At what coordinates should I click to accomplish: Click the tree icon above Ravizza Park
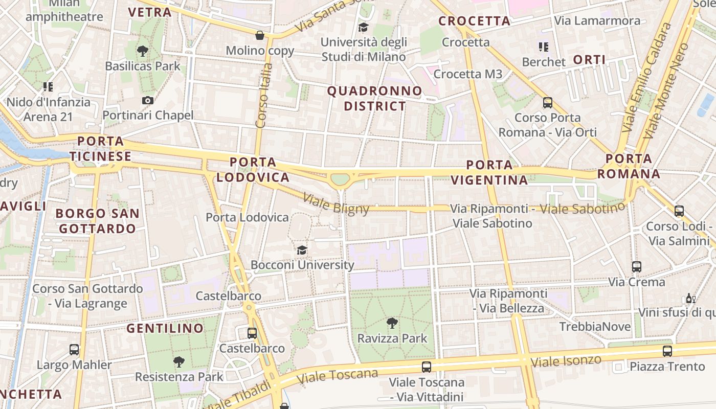coord(392,323)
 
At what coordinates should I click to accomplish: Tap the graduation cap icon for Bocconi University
coord(302,250)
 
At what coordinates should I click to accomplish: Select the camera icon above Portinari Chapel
coord(148,100)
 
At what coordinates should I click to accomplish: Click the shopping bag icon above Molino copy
coord(260,35)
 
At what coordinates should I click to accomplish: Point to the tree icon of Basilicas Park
coord(143,51)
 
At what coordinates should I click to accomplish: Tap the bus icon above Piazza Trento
coord(667,351)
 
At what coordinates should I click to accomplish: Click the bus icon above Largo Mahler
coord(74,350)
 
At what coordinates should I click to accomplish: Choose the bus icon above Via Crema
coord(637,266)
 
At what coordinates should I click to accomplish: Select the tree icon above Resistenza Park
coord(179,362)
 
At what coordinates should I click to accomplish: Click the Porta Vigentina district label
coord(497,172)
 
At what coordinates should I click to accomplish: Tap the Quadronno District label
coord(375,99)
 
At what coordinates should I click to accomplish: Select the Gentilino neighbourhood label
coord(165,328)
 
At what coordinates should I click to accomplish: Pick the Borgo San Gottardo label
coord(97,221)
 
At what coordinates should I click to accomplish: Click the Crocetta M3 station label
coord(468,74)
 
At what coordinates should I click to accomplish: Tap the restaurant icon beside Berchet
coord(544,48)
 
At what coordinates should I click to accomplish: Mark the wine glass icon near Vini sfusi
coord(690,298)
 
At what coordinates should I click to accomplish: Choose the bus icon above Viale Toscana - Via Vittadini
coord(427,367)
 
